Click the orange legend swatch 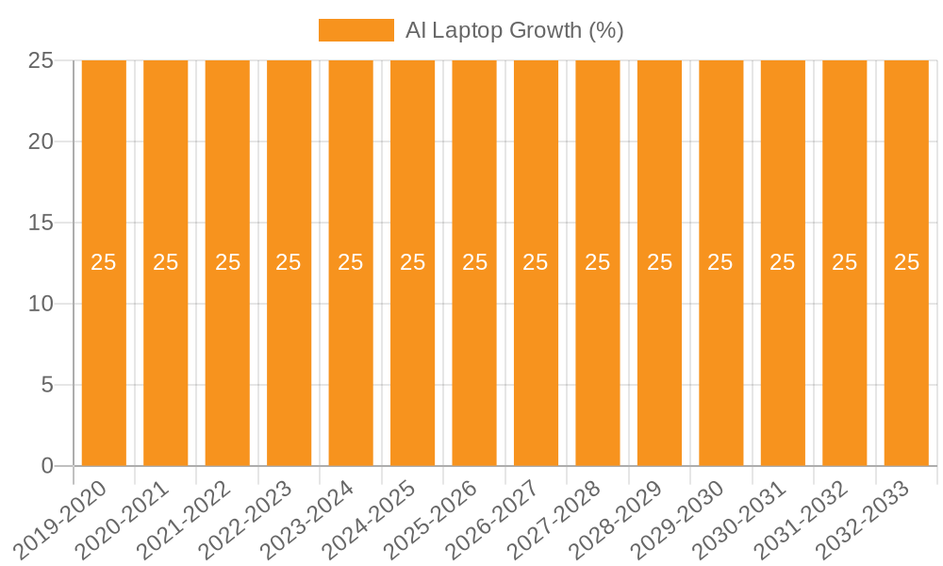coord(356,30)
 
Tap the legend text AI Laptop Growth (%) coord(514,30)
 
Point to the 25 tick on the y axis coord(41,60)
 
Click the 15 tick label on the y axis coord(41,223)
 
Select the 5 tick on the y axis coord(47,385)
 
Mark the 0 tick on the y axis coord(47,466)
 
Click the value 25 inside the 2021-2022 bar coord(227,262)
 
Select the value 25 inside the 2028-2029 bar coord(659,262)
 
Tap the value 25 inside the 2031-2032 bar coord(844,262)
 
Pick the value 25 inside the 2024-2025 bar coord(412,262)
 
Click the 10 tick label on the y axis coord(41,304)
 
